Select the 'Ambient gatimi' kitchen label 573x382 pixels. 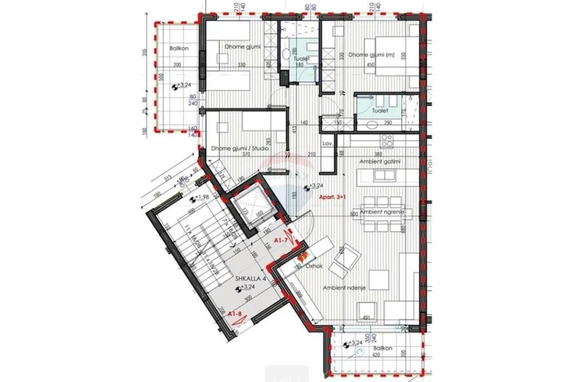tap(380, 162)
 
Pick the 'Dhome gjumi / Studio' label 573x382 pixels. tap(239, 148)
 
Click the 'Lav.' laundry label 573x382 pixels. tap(328, 145)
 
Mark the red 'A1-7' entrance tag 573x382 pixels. tap(280, 241)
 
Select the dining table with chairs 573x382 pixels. tap(382, 214)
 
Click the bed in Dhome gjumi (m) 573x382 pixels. tap(392, 57)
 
